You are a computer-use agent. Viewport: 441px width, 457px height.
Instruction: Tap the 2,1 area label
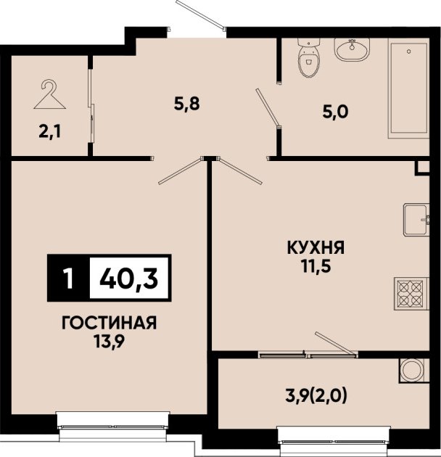click(50, 133)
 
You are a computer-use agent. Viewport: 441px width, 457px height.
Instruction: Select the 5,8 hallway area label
click(187, 104)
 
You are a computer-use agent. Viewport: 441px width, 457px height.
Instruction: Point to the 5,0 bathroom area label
click(336, 111)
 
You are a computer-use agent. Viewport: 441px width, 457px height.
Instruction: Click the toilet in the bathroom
click(308, 58)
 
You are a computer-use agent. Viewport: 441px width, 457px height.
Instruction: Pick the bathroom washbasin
click(352, 49)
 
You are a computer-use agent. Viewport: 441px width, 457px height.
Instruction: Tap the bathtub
click(408, 88)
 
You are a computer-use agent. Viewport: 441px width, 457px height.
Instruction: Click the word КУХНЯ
click(316, 248)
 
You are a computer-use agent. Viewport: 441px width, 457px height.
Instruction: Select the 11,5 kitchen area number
click(316, 266)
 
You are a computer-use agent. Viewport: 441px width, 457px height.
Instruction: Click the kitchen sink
click(416, 220)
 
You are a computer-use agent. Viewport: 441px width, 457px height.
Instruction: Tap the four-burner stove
click(412, 294)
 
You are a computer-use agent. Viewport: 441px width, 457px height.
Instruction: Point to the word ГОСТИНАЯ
click(110, 323)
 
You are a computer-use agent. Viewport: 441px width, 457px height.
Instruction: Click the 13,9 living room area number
click(109, 341)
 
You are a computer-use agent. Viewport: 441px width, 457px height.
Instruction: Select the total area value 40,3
click(129, 278)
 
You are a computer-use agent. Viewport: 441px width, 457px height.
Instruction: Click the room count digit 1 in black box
click(68, 278)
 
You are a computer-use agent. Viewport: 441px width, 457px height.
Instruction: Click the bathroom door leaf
click(268, 108)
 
